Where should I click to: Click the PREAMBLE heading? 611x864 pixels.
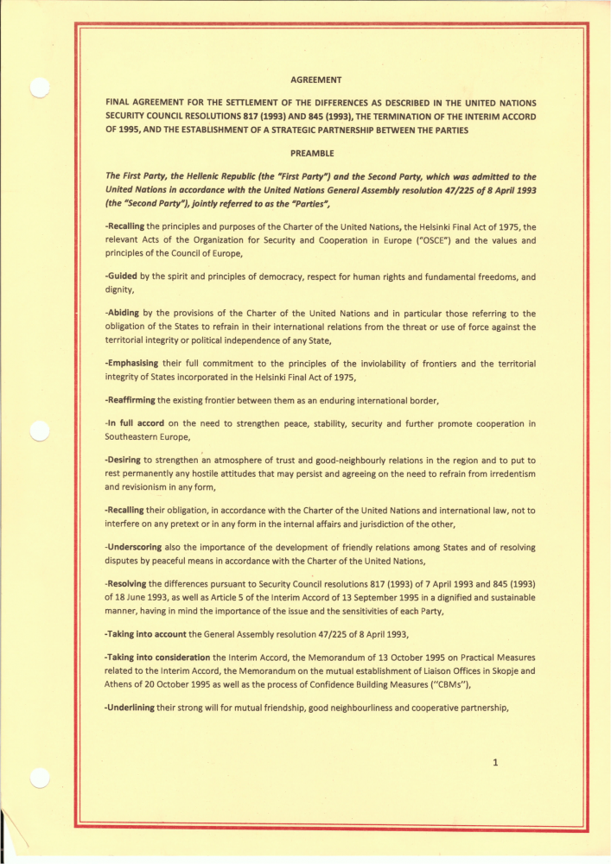click(314, 154)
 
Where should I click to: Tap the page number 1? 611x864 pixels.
click(495, 763)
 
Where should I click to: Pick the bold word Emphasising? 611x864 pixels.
click(134, 364)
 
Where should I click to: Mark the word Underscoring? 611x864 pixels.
click(132, 547)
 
